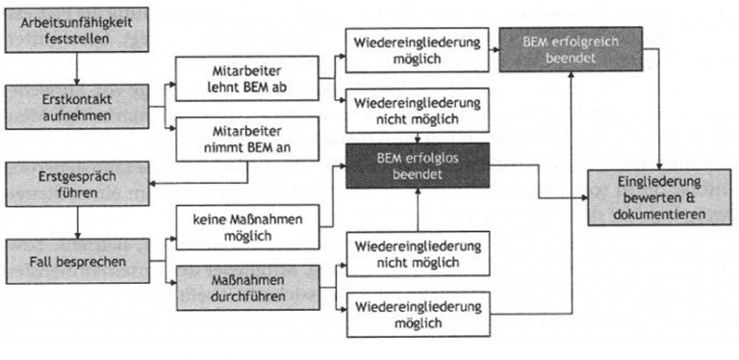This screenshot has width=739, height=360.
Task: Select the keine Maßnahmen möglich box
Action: point(249,228)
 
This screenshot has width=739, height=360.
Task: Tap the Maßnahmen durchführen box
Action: point(249,288)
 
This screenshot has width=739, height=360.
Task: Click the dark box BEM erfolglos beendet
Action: point(419,166)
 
